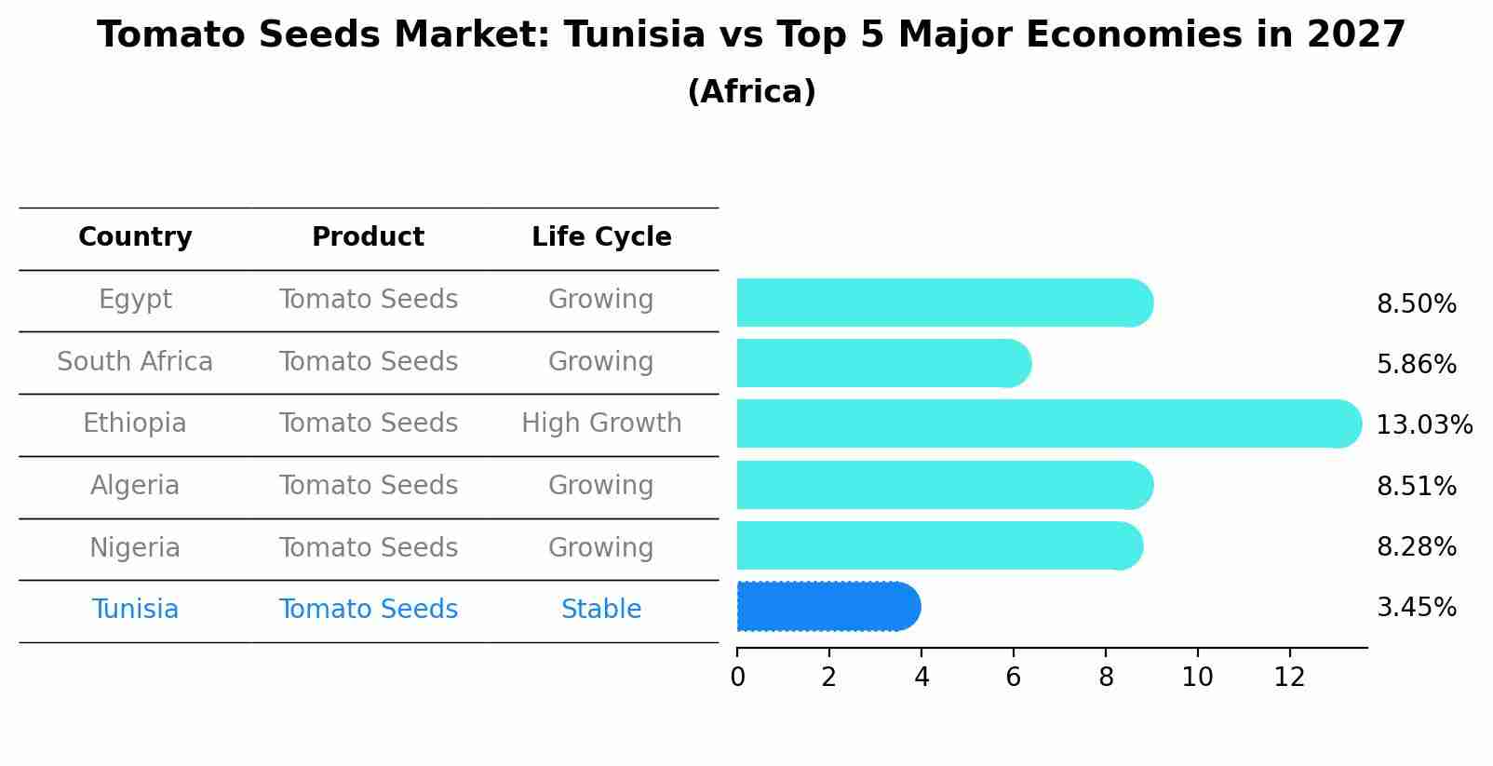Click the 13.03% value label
pos(1424,425)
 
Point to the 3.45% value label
pos(1416,608)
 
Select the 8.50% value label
pos(1416,304)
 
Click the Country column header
pos(135,237)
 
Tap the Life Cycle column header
pos(601,237)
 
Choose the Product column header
pos(368,237)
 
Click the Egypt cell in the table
pos(135,300)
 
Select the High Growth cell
pos(601,423)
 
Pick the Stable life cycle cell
pos(601,610)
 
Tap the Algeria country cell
pos(135,486)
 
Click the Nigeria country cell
pos(135,547)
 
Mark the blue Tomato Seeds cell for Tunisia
pos(368,610)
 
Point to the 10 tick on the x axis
pos(1197,677)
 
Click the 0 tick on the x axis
pos(737,677)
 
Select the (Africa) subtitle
pos(751,92)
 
